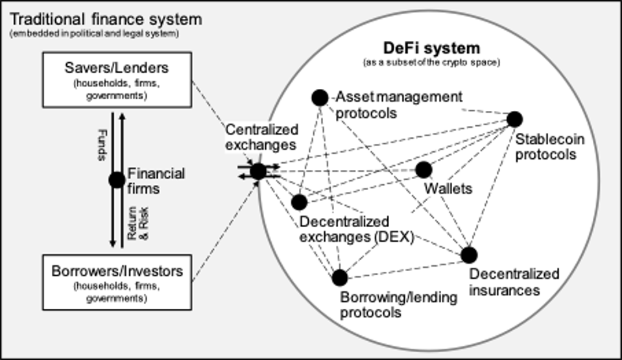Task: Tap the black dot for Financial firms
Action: (117, 180)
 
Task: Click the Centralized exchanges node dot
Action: (258, 171)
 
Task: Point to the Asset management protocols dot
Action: (319, 97)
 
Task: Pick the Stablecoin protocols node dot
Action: (514, 119)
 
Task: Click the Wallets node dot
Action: (424, 170)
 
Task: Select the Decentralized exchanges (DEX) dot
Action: (299, 202)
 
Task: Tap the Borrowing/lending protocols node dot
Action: (340, 278)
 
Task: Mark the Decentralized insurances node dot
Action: (469, 255)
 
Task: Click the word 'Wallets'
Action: (447, 189)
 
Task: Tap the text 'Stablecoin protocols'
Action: (545, 147)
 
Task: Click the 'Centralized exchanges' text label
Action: (259, 136)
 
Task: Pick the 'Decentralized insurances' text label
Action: (505, 282)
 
